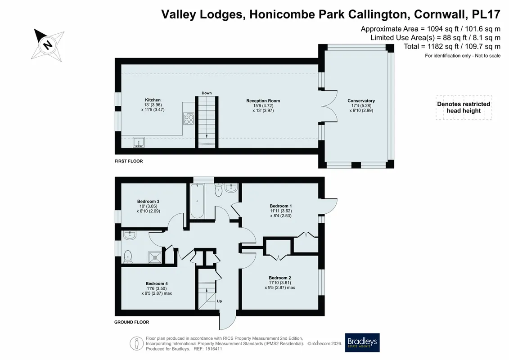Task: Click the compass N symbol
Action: (x=48, y=45)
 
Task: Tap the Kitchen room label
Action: (x=153, y=100)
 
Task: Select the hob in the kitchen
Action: (x=189, y=118)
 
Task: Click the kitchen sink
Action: (x=139, y=142)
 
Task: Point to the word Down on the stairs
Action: (x=207, y=93)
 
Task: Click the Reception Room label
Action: (x=263, y=101)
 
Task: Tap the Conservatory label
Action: (x=361, y=101)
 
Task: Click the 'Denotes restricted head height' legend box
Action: (x=464, y=108)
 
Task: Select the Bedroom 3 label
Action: (x=148, y=201)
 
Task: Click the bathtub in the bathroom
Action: (x=197, y=201)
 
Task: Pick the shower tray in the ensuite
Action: (x=155, y=257)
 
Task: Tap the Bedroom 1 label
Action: (x=280, y=206)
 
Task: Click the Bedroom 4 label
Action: (x=157, y=283)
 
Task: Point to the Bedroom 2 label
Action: (x=279, y=278)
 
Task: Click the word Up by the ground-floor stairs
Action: (x=220, y=301)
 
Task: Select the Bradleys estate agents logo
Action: (x=362, y=342)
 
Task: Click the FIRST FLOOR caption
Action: (x=129, y=161)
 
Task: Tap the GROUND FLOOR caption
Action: (x=131, y=322)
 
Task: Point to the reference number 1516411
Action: (x=212, y=349)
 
